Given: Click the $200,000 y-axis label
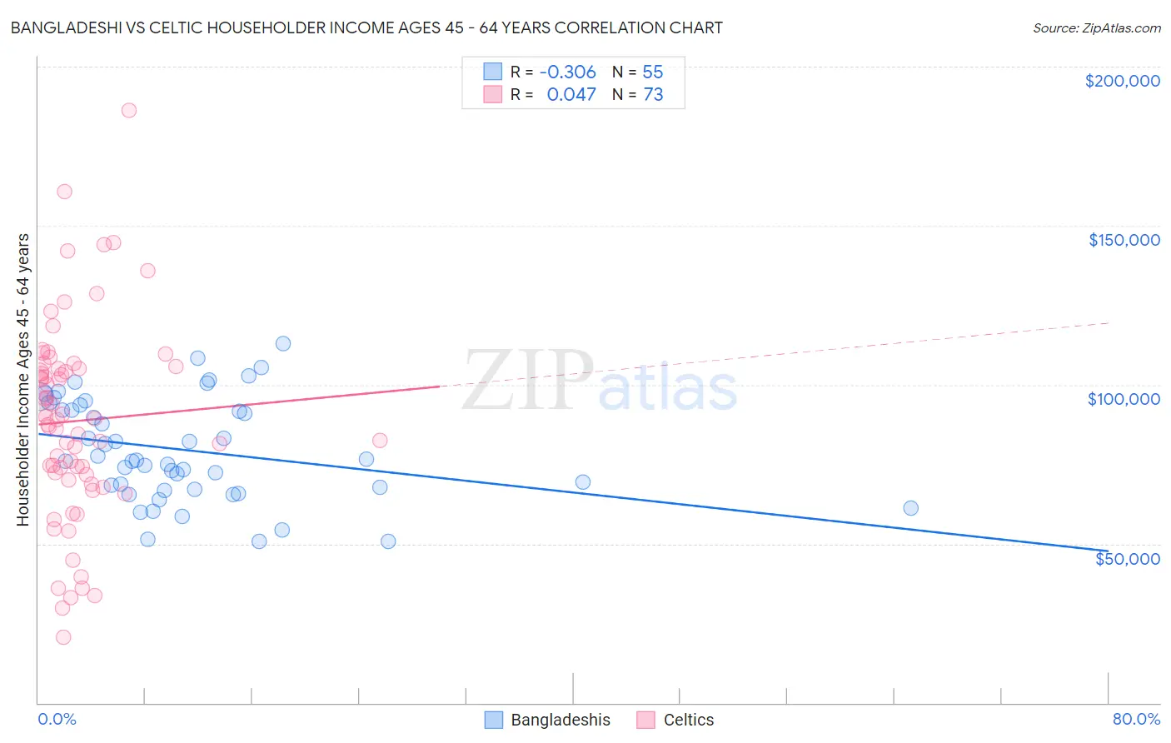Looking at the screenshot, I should (1122, 81).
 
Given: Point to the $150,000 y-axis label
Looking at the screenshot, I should (1124, 240).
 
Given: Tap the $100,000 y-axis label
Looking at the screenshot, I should (1124, 399).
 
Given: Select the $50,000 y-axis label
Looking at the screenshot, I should (1127, 558).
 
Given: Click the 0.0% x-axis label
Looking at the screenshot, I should (57, 719).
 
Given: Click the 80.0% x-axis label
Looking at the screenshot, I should (1136, 719).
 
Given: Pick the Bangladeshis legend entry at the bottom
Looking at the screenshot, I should (560, 720).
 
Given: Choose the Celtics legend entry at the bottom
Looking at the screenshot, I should (688, 720).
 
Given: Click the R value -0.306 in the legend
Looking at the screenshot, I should (567, 72).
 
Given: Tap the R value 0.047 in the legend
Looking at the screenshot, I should (571, 94).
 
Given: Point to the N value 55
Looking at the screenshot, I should (653, 72).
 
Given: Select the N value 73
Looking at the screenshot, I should (653, 94).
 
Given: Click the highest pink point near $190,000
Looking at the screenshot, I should (129, 110).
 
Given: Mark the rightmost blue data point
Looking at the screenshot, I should (910, 508).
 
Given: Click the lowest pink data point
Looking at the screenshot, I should (63, 637).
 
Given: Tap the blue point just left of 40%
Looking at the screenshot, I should (582, 482).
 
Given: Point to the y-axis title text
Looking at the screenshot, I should (22, 379).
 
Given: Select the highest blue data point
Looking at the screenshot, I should (283, 343).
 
